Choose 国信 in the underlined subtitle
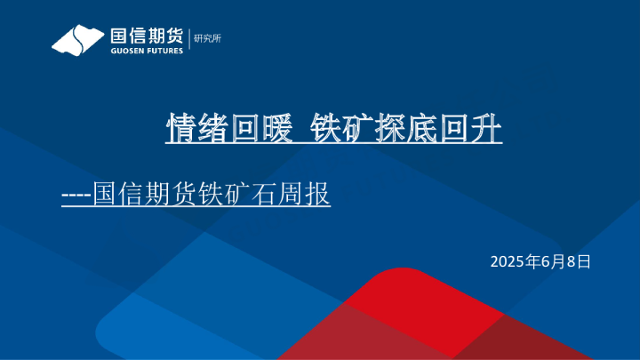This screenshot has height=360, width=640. (119, 194)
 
